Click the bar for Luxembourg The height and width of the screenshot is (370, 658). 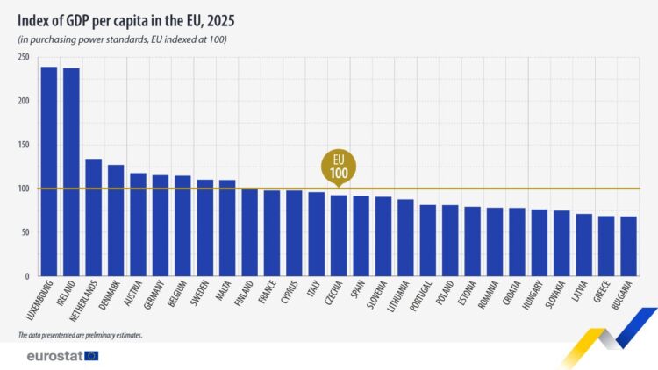(49, 171)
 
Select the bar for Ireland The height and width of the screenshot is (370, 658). (71, 172)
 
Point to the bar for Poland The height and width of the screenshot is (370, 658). (450, 240)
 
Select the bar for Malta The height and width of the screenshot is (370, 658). (227, 228)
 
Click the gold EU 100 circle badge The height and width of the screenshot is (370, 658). (339, 167)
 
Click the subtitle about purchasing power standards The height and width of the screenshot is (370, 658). (123, 40)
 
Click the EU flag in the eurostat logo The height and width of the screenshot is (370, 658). (90, 356)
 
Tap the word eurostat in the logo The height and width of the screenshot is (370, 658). (54, 356)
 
